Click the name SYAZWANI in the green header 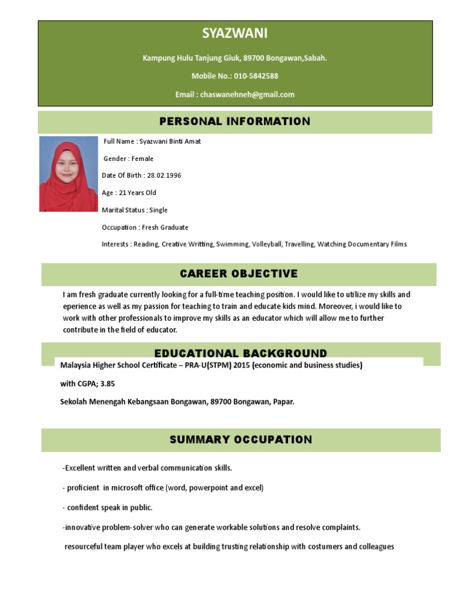[x=235, y=34]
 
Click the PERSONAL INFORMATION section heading [x=235, y=122]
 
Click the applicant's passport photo [x=68, y=174]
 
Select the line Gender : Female [x=129, y=159]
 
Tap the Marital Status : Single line [x=135, y=210]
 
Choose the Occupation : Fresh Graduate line [x=145, y=227]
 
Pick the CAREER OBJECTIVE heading [x=238, y=274]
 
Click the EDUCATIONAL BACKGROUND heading [x=241, y=353]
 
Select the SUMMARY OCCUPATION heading [x=241, y=439]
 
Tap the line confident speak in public [x=108, y=508]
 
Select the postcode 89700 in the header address [x=254, y=58]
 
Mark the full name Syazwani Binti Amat [x=170, y=141]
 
